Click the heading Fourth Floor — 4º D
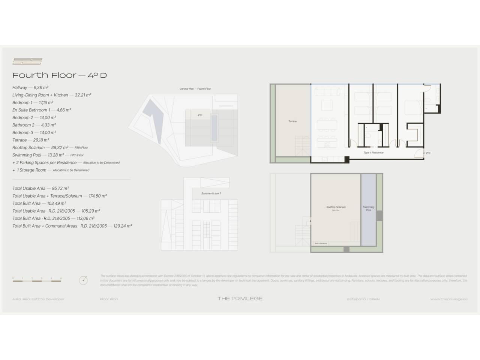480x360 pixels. [60, 75]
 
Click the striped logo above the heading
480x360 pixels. [27, 61]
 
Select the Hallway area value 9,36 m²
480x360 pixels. [41, 88]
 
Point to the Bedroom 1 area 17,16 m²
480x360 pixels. [46, 103]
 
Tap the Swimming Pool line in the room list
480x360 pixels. [27, 155]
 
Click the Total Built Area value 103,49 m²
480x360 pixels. [57, 204]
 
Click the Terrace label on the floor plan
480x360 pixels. [292, 121]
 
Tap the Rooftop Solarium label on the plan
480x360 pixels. [336, 207]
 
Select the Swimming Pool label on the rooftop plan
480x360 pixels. [369, 208]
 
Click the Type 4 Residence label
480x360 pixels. [373, 153]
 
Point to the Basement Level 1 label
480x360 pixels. [211, 193]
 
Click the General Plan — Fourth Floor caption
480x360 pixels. [195, 89]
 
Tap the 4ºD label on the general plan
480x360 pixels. [200, 115]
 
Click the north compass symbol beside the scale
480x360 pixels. [83, 280]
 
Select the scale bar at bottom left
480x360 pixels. [37, 280]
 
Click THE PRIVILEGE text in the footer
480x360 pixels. [240, 299]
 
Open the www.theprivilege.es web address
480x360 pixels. [449, 299]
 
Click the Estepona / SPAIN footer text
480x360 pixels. [363, 299]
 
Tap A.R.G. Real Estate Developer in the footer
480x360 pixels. [38, 299]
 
